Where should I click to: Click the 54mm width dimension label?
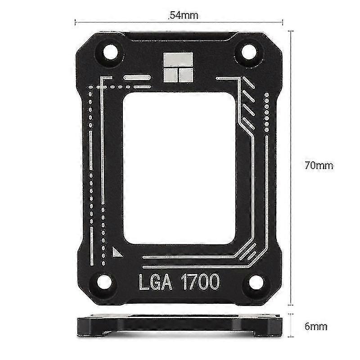point(183,15)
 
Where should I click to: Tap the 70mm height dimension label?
point(319,165)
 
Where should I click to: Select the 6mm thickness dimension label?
point(316,326)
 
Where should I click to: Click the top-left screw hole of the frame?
point(110,52)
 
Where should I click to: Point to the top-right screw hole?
point(249,53)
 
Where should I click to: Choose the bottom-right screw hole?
point(256,282)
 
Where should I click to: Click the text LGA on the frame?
point(155,282)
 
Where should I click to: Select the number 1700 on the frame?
point(200,282)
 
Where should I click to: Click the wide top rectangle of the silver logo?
point(178,59)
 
